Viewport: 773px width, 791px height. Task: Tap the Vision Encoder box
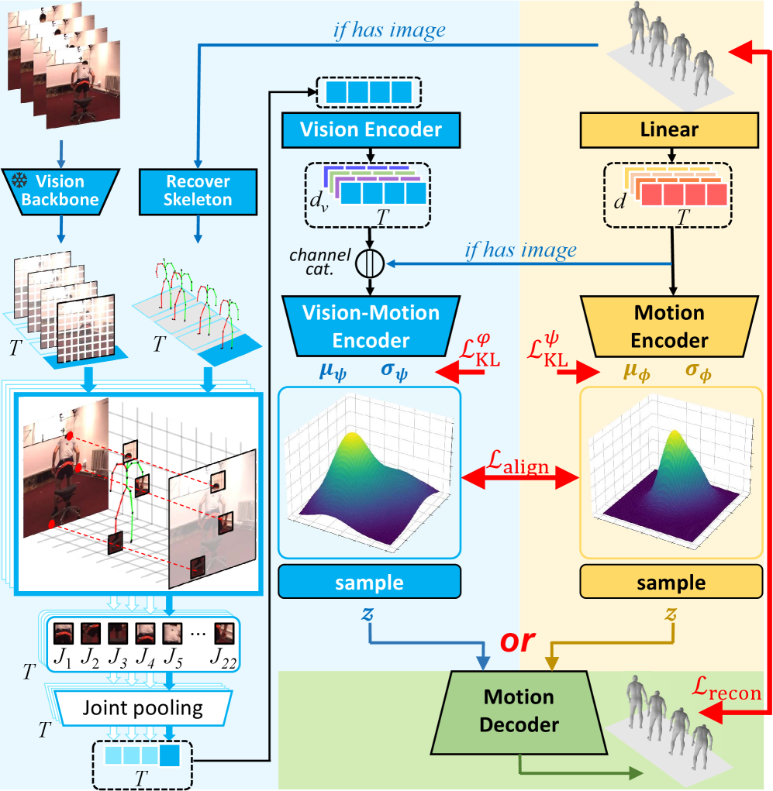371,129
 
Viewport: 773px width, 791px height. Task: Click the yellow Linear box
668,129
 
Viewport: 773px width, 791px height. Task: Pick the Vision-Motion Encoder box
371,326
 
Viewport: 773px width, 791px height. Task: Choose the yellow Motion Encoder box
668,326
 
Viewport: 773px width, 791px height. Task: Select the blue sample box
370,582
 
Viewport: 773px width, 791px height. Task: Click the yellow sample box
668,582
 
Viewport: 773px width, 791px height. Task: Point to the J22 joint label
224,663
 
